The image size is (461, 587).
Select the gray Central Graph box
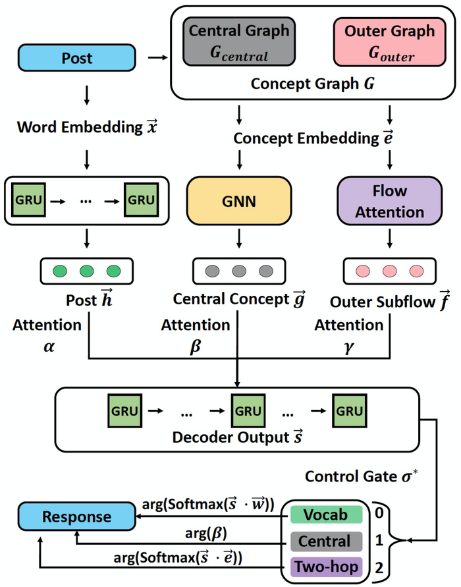click(x=238, y=42)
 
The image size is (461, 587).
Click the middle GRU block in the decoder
click(x=248, y=412)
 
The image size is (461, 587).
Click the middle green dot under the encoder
click(x=87, y=271)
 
